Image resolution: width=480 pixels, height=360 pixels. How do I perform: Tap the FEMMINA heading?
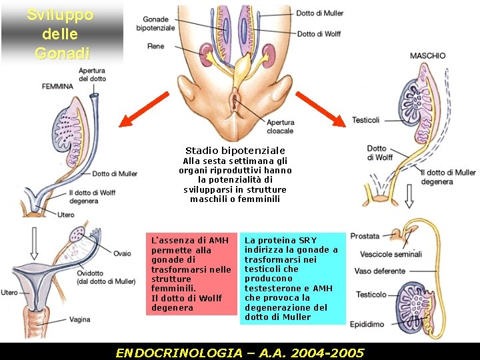coord(58,87)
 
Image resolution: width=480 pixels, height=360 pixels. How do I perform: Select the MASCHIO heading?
coord(427,56)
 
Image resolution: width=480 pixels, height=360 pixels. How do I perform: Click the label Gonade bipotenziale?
coord(155,23)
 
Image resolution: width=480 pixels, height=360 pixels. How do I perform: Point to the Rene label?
coord(155,46)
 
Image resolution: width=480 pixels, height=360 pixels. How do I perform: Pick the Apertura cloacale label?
coord(280,127)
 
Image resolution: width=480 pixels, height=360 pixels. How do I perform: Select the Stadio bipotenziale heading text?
coord(235,151)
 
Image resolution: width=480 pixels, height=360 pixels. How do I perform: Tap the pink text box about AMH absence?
coord(191,273)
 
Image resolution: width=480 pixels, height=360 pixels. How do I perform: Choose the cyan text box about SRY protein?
coord(293,278)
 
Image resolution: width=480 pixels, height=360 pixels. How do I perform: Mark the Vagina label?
coord(79,319)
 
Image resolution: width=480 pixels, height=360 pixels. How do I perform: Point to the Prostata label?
coord(365,236)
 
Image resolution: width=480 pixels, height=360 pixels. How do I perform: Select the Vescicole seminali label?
coord(391,254)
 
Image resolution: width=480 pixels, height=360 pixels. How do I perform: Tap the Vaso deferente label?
coord(380,271)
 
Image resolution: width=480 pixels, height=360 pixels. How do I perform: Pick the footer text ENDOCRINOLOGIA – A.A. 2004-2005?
coord(240,352)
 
